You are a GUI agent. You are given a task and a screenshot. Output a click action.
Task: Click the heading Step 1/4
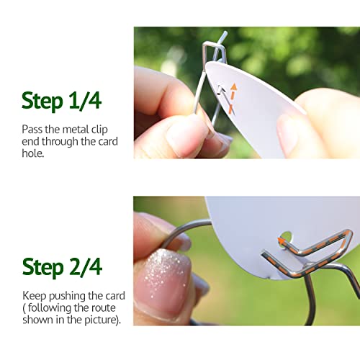pos(61,101)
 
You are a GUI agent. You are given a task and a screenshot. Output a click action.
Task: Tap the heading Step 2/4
pos(61,266)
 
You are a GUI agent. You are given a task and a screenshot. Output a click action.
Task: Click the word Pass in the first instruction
pos(32,129)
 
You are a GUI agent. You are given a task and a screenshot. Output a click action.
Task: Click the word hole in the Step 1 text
pos(33,154)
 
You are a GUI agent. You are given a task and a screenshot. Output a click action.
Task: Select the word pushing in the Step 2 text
pos(70,296)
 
